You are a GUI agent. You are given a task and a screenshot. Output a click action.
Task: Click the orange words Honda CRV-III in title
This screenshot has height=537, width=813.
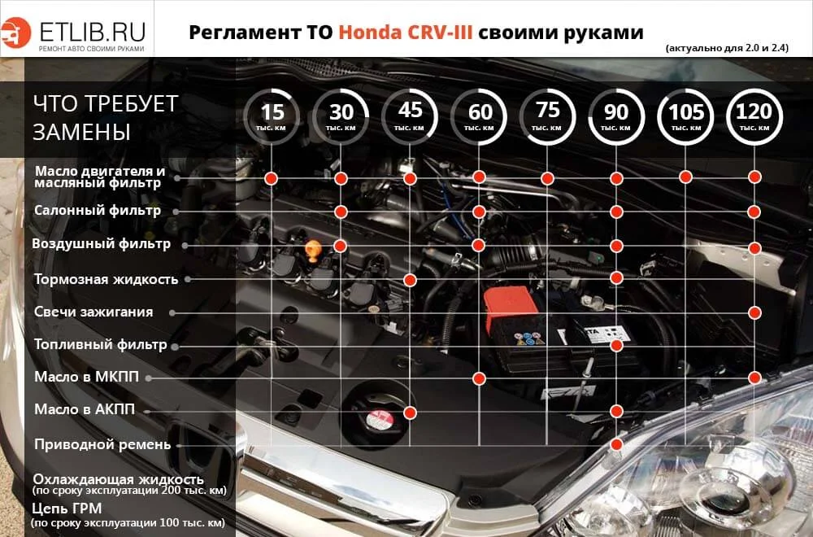[x=404, y=33]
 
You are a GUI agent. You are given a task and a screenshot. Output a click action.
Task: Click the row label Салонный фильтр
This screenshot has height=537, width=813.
[x=97, y=210]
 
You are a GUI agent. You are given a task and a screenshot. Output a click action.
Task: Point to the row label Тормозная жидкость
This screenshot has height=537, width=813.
[x=106, y=279]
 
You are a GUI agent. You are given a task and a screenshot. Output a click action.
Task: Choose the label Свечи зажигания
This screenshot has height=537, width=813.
[x=93, y=312]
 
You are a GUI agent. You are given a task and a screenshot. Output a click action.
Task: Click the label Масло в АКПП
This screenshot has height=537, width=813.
[x=85, y=409]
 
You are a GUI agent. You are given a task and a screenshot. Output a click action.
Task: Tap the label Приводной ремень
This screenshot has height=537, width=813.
[x=102, y=444]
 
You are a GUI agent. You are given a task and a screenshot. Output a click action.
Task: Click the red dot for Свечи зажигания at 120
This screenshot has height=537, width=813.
[x=755, y=312]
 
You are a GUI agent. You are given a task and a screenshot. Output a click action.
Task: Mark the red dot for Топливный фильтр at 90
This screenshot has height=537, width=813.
[x=617, y=346]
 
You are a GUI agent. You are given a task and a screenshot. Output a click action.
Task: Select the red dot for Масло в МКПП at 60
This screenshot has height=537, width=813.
[x=479, y=378]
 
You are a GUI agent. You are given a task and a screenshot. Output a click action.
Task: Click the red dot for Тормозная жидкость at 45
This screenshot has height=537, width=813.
[x=411, y=280]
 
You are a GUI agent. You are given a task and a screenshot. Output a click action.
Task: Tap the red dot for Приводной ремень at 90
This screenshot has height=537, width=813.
[x=617, y=444]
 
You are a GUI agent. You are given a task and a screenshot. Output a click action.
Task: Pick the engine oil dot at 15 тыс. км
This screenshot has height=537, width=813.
[x=272, y=177]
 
